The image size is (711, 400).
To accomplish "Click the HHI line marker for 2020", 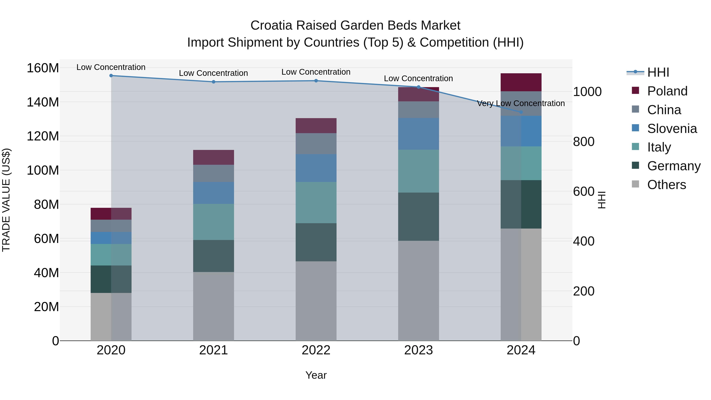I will [x=111, y=76].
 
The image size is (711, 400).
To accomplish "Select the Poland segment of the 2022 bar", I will [x=316, y=126].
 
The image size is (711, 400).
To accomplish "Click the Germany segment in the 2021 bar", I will [x=213, y=256].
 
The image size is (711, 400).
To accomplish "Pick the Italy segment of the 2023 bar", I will [x=419, y=171].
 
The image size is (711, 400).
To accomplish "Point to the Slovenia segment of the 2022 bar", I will [x=316, y=168].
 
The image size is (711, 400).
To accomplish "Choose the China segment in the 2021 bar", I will [x=213, y=173].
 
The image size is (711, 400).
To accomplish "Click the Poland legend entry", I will [x=667, y=91].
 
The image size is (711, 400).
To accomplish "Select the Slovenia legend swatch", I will [x=635, y=128].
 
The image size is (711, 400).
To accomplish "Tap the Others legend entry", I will [x=666, y=185].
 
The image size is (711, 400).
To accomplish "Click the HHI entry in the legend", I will [x=658, y=72].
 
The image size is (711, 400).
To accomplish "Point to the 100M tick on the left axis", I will [x=43, y=170].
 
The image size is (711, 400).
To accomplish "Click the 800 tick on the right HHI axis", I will [x=583, y=142].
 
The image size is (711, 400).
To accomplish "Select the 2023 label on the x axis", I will [x=419, y=350].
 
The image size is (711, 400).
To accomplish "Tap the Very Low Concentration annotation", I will [x=521, y=103].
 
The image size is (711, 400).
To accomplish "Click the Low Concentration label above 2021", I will [x=213, y=73].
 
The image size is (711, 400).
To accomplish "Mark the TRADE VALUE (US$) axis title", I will [x=6, y=200].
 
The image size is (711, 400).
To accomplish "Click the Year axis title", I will [x=316, y=375].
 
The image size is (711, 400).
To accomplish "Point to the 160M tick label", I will [x=43, y=68].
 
